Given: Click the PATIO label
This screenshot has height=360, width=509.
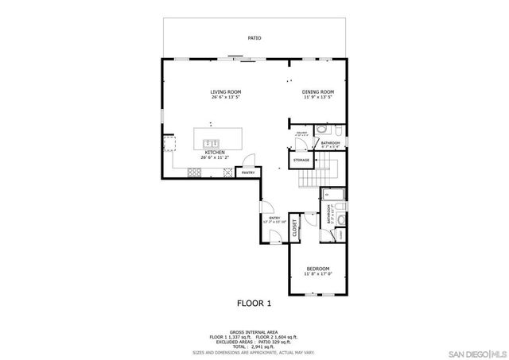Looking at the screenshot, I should (x=254, y=37).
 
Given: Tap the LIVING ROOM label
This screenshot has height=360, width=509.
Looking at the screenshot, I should (x=226, y=92).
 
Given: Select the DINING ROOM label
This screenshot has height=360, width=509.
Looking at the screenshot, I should (x=317, y=92).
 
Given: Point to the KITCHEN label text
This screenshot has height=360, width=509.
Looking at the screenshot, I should (x=215, y=152).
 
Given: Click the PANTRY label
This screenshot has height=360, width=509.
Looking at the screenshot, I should (x=248, y=172).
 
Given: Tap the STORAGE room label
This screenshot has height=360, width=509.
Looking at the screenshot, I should (x=301, y=161).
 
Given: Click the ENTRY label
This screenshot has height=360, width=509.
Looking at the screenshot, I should (x=274, y=218).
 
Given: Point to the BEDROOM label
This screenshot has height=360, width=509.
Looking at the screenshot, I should (x=317, y=269).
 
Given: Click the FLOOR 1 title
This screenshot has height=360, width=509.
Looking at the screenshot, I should (x=254, y=303).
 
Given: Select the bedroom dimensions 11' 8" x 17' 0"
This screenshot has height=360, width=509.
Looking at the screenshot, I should (x=317, y=275).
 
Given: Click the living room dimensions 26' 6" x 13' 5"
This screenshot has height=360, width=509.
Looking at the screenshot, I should (x=226, y=98).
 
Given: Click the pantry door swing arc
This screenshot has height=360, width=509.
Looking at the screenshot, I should (x=248, y=158).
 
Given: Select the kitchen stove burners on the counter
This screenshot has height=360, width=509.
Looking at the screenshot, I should (x=195, y=172).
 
